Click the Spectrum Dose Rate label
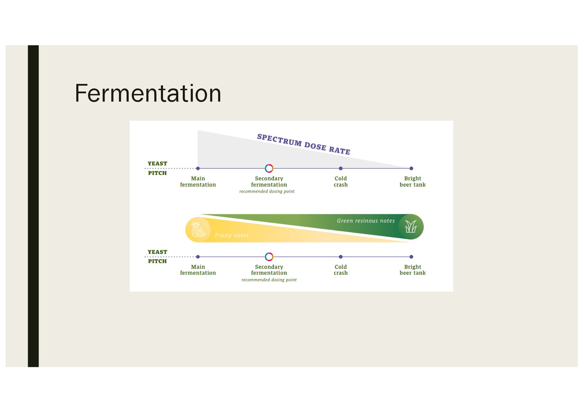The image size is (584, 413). pyautogui.click(x=303, y=144)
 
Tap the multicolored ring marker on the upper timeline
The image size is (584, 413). pyautogui.click(x=269, y=169)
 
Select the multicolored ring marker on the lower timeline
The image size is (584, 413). pyautogui.click(x=269, y=257)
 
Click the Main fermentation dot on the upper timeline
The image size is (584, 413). pyautogui.click(x=198, y=169)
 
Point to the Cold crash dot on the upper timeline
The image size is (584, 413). pyautogui.click(x=341, y=169)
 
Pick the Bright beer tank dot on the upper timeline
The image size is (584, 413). pyautogui.click(x=411, y=169)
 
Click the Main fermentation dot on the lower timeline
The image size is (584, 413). pyautogui.click(x=198, y=257)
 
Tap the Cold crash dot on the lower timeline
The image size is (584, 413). pyautogui.click(x=341, y=257)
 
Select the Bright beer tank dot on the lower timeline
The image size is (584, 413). pyautogui.click(x=411, y=257)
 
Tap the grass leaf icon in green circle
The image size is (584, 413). pyautogui.click(x=411, y=227)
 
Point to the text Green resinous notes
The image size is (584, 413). pyautogui.click(x=366, y=221)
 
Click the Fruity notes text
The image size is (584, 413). pyautogui.click(x=231, y=235)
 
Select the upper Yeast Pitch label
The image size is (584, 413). pyautogui.click(x=157, y=168)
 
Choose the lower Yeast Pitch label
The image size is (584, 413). pyautogui.click(x=157, y=257)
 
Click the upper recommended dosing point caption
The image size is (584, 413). pyautogui.click(x=267, y=191)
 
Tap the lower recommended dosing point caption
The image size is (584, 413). pyautogui.click(x=269, y=280)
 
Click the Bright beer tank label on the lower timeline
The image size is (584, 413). pyautogui.click(x=412, y=270)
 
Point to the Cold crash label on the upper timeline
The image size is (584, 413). pyautogui.click(x=341, y=181)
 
